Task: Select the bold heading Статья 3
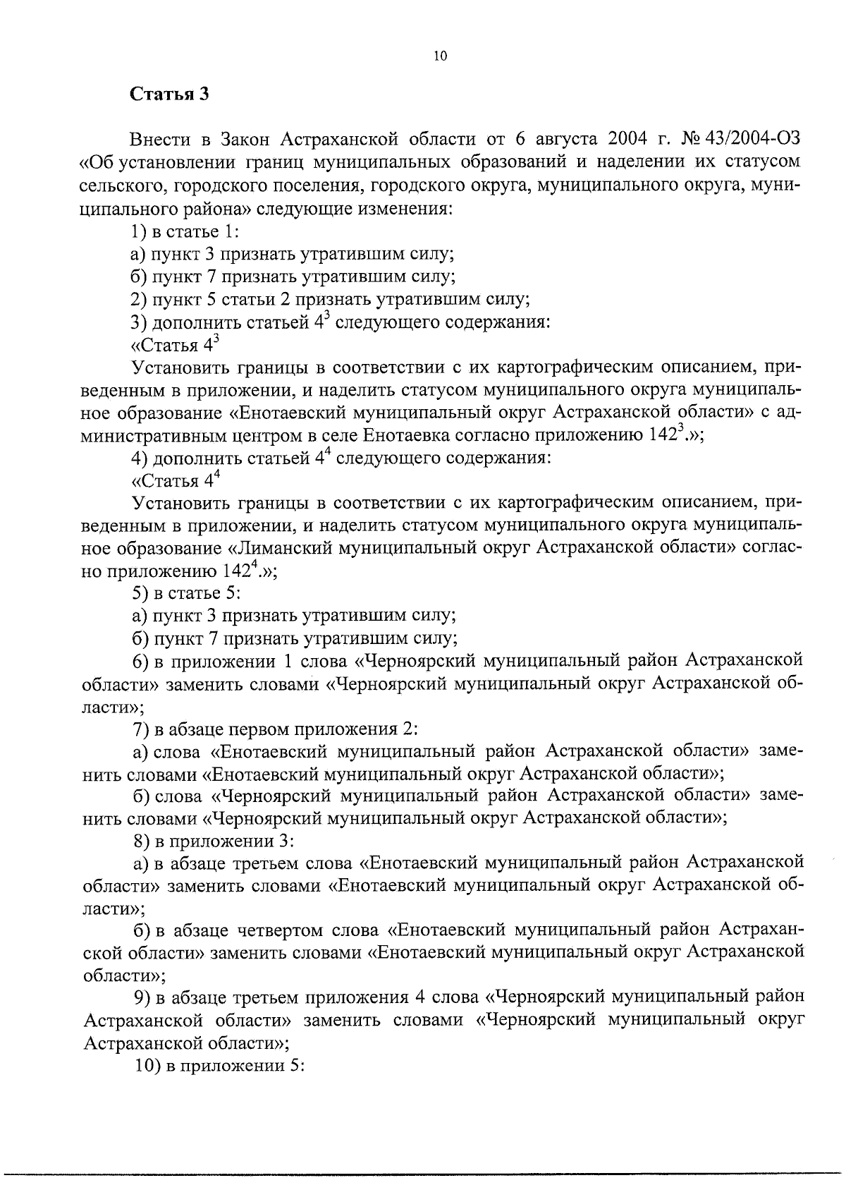tap(170, 95)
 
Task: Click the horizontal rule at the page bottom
tap(423, 1172)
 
